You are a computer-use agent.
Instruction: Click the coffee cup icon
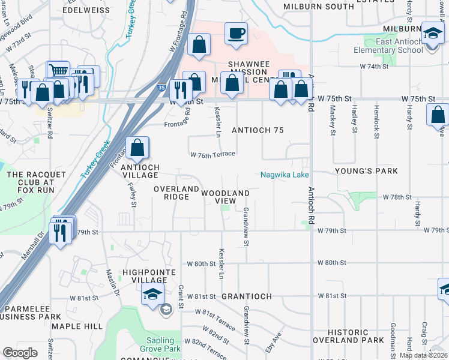point(237,33)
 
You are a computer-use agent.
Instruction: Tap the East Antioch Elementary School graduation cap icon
point(432,32)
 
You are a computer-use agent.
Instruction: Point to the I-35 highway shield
point(163,88)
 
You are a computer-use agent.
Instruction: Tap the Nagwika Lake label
point(285,175)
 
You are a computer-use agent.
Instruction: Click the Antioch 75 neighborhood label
point(257,130)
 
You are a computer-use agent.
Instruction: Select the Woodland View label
point(224,197)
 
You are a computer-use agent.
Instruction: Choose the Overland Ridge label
point(176,193)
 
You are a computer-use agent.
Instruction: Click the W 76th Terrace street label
point(212,155)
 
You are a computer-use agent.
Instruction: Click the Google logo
point(20,353)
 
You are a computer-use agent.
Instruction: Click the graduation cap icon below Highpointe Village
point(152,296)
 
